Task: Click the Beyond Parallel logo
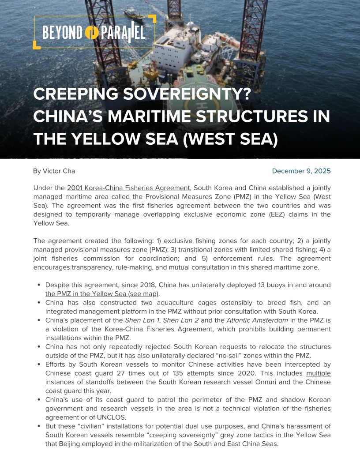(94, 32)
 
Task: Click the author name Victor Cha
(54, 171)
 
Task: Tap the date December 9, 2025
(301, 171)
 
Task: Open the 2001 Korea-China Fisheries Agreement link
(128, 188)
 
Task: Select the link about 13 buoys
(294, 285)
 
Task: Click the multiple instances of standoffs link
(319, 373)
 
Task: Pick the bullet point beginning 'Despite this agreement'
(39, 285)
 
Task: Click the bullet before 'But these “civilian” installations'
(39, 426)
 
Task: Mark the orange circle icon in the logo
(92, 33)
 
